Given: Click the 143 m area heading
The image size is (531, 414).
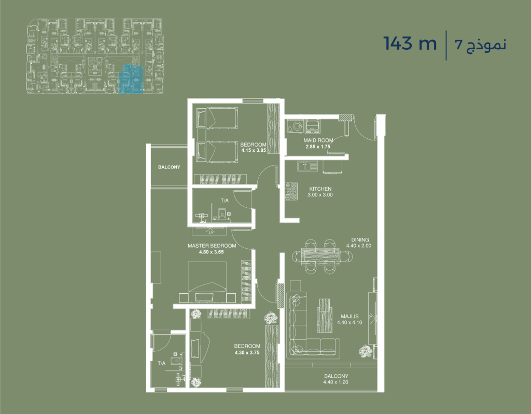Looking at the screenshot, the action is coord(410,44).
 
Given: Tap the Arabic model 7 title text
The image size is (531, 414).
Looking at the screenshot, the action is coord(481,45).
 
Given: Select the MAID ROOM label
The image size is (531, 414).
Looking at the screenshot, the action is coord(318,140).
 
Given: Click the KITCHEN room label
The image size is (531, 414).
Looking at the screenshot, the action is coord(320,189).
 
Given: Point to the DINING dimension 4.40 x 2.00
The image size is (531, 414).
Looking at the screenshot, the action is coord(359,246).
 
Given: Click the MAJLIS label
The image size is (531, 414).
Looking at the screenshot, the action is coord(350,317).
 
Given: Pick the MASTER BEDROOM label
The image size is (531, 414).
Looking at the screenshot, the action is coord(212,246).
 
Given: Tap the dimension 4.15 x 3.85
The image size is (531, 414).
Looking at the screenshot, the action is coord(253,150).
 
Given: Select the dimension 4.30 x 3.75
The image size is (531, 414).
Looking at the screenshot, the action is coord(247,352).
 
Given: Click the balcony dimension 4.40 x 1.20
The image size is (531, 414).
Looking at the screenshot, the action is coord(336,382).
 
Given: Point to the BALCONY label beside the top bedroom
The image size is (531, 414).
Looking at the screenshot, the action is coord(169,167).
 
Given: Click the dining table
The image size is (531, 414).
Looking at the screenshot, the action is coord(320,255).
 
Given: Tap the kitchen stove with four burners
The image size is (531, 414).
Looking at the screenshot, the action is coord(291,191).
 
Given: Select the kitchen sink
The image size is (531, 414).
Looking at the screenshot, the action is coord(308,166).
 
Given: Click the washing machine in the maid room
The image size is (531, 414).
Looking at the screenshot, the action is coord(296,126).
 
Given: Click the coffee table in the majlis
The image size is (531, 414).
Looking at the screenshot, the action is coord(324,315).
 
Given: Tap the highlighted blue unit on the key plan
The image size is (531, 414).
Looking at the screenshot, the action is coord(130,79).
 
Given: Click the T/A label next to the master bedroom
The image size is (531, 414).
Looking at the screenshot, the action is coord(225,201).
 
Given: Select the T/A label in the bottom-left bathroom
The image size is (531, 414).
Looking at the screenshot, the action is coord(162,363).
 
